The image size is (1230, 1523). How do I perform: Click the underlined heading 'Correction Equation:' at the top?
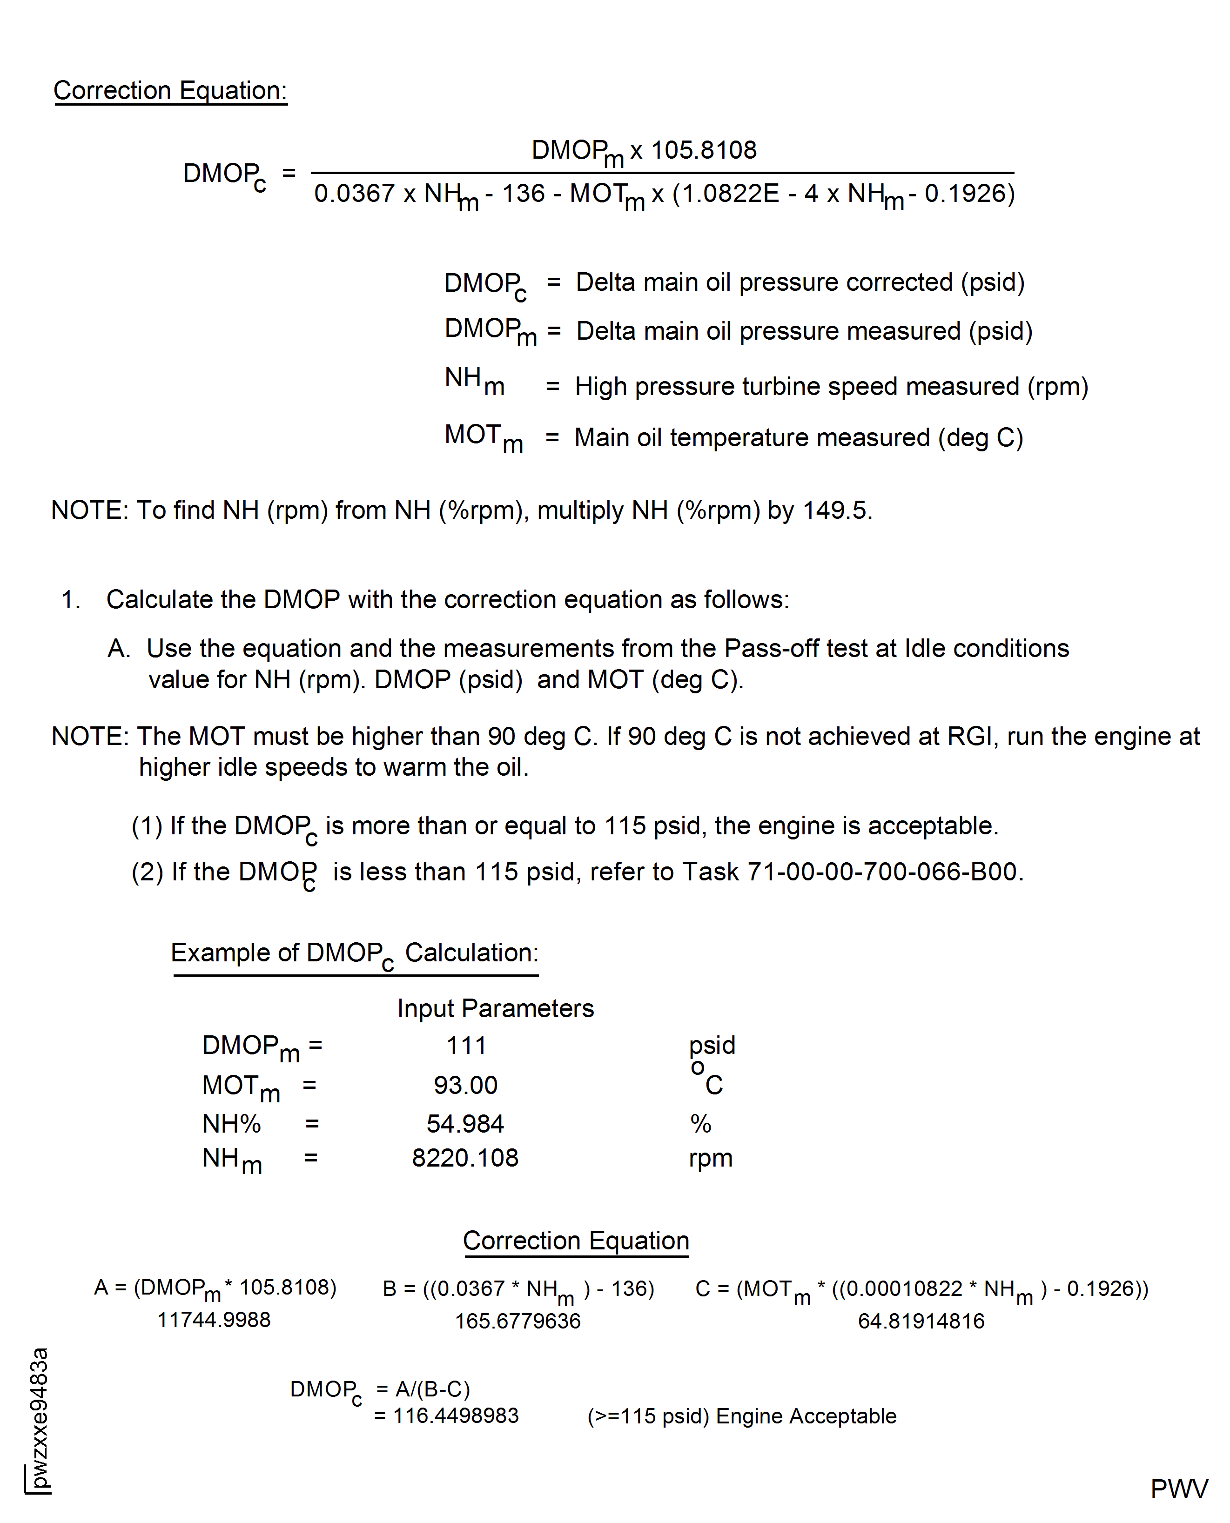pyautogui.click(x=170, y=91)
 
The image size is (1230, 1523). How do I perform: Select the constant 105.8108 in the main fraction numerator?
pyautogui.click(x=704, y=150)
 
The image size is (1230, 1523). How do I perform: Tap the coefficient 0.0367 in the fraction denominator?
pyautogui.click(x=354, y=194)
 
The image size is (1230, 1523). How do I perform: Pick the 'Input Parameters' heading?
pyautogui.click(x=495, y=1008)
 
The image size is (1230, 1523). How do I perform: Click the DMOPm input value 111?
pyautogui.click(x=466, y=1046)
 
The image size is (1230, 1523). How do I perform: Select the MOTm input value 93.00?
pyautogui.click(x=465, y=1085)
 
